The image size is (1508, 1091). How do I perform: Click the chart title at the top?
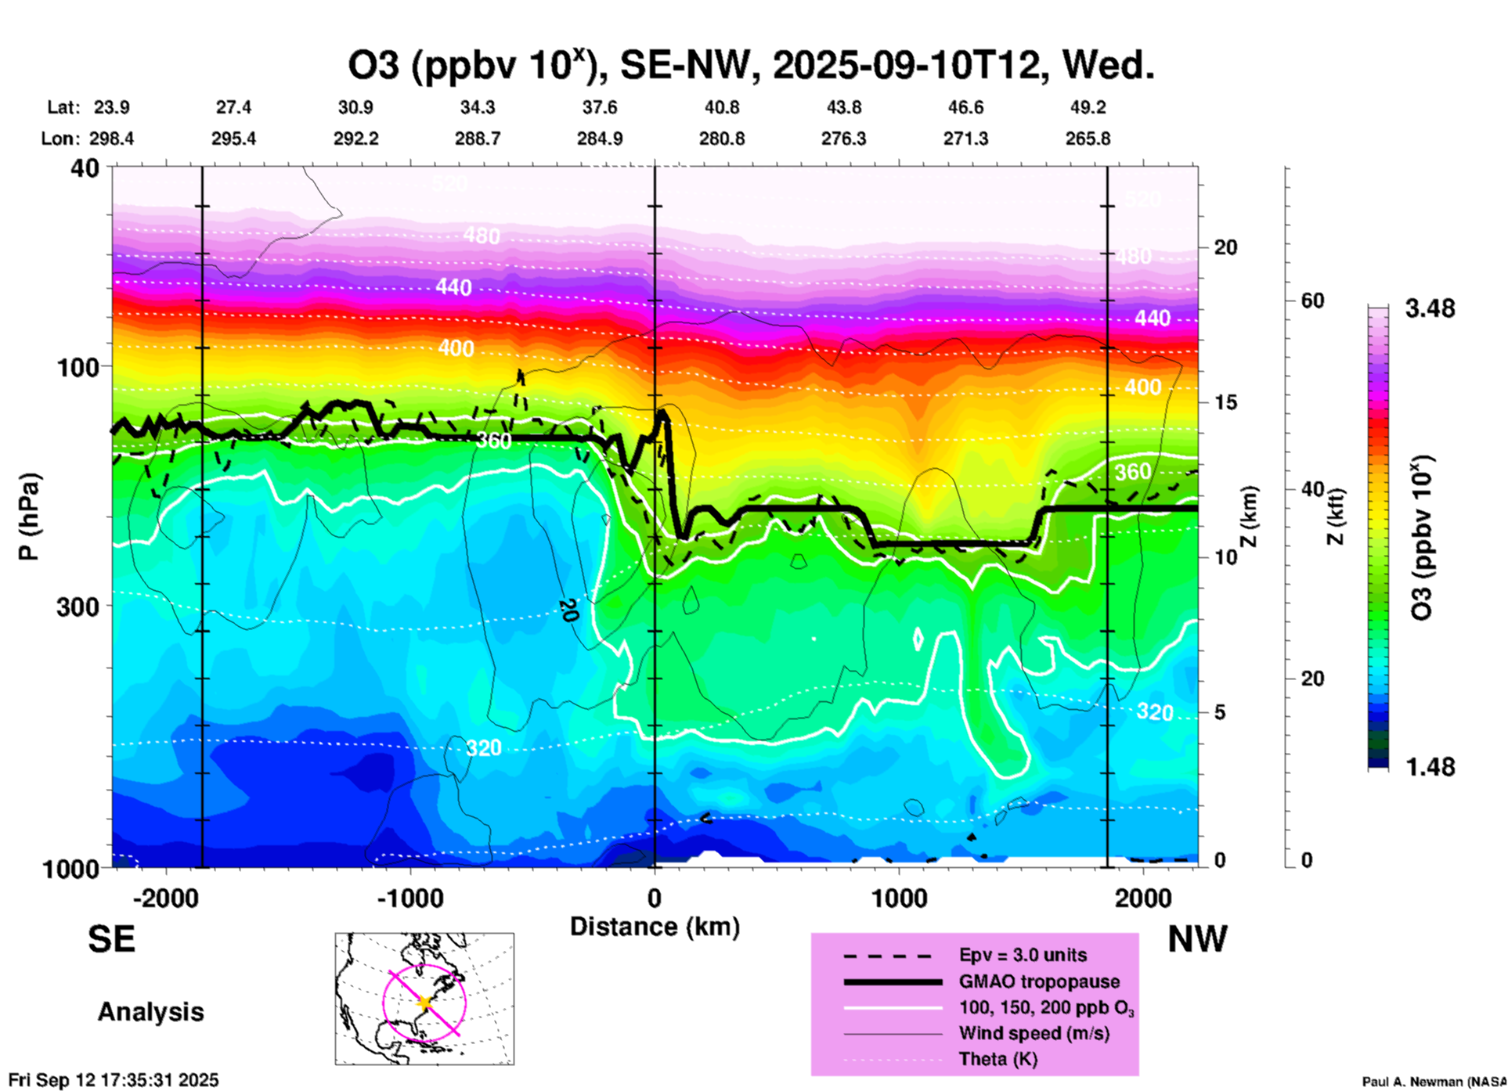pos(751,66)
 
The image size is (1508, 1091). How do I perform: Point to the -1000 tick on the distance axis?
pos(410,898)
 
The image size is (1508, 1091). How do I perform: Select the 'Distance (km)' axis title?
pos(655,927)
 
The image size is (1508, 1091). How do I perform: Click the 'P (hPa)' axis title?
pos(29,516)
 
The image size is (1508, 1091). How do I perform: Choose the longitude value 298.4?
pos(111,139)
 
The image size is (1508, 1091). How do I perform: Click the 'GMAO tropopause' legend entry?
pos(1039,981)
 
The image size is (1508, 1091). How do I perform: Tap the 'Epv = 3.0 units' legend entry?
pos(1023,955)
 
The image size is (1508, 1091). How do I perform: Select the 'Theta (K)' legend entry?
pos(998,1060)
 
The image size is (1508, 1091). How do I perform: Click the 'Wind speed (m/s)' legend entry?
pos(1034,1034)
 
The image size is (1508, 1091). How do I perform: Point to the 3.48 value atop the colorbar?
pos(1430,309)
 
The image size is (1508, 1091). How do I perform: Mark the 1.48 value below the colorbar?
pos(1430,766)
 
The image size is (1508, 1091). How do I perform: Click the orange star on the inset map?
pos(425,1002)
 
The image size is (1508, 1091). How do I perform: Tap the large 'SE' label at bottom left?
pos(111,939)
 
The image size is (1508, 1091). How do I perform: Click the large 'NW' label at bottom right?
pos(1197,939)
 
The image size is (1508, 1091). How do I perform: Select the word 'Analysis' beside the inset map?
pos(150,1012)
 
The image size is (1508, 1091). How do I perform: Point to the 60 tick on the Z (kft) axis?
pos(1312,301)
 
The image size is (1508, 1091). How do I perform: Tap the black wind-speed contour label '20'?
pos(568,610)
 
